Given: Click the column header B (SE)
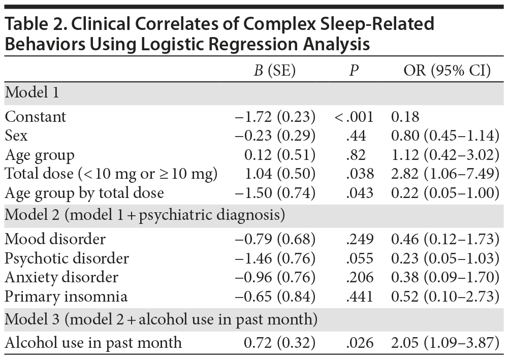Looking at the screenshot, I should (274, 71).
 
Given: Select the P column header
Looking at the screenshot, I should (354, 71).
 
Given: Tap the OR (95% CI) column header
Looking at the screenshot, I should (447, 71).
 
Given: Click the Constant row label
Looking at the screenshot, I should (36, 117).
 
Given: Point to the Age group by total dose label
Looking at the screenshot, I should (84, 193).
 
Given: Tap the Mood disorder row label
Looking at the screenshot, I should (55, 239).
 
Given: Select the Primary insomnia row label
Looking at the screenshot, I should (66, 296).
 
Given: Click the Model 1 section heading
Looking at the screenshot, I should (32, 93).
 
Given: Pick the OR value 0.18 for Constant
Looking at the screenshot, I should (405, 117).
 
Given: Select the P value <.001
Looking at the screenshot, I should (354, 117).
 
